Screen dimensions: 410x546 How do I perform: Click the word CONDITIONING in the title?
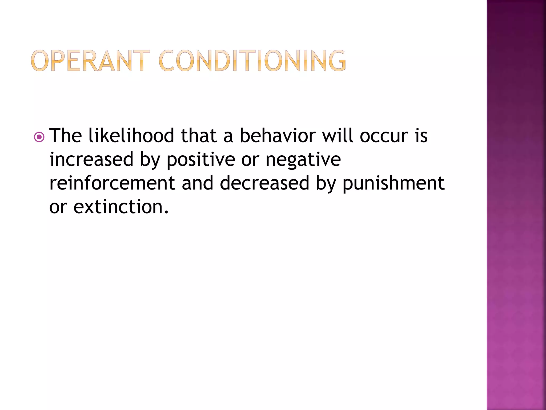pos(252,61)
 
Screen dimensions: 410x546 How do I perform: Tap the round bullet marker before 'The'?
pos(39,137)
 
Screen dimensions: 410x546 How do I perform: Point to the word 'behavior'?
pos(278,136)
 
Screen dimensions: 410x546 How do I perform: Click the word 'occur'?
pos(384,136)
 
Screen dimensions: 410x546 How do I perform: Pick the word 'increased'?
pos(91,159)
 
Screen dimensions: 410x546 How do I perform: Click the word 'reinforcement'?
pos(112,183)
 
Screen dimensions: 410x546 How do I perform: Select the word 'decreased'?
pos(264,183)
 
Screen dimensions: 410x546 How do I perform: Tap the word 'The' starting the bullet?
pos(66,136)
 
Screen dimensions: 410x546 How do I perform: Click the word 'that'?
pos(199,136)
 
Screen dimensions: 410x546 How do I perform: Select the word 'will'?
pos(338,136)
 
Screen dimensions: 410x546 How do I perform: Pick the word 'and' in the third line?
pos(198,183)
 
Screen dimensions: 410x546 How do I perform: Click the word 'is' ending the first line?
pos(421,136)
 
